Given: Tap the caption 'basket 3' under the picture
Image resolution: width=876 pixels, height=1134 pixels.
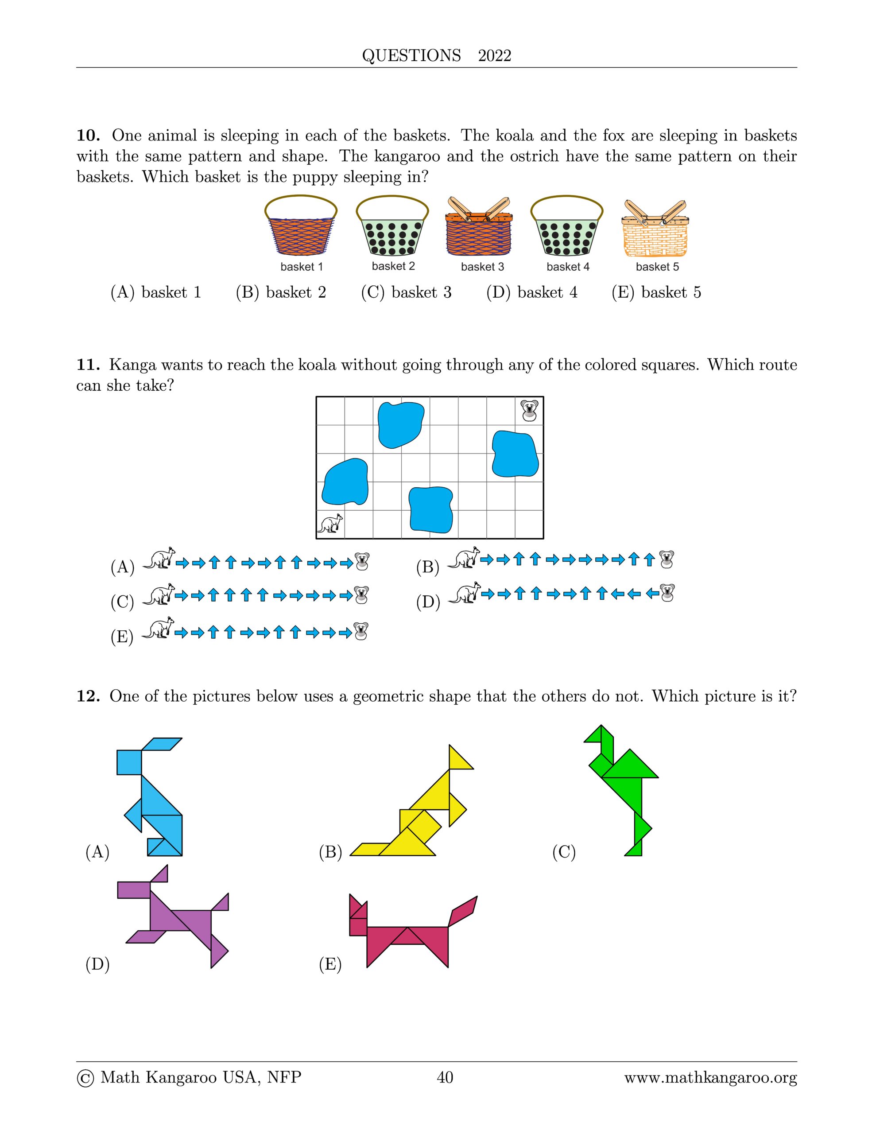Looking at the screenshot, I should tap(482, 267).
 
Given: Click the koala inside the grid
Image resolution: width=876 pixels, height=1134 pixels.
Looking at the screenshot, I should tap(530, 411).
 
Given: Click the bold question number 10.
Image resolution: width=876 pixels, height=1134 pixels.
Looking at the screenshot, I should tap(88, 136).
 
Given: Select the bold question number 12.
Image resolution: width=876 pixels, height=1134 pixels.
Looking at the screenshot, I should tap(88, 696).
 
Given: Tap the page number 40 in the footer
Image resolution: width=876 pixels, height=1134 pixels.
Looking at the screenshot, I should tap(445, 1077).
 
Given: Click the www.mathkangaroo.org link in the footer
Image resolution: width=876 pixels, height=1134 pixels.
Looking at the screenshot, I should tap(710, 1078).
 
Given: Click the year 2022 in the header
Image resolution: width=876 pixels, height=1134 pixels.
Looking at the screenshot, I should tap(494, 55).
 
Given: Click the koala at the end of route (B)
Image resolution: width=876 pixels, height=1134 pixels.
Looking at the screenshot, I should tap(666, 559).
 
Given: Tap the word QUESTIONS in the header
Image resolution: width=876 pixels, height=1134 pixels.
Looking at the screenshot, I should tap(411, 55).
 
